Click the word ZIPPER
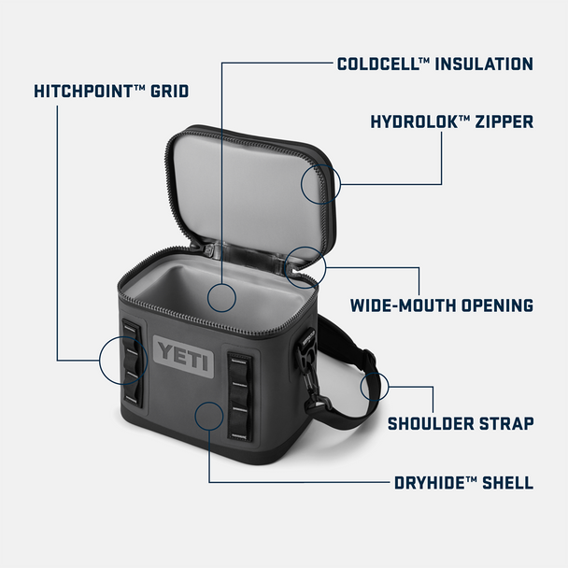(x=502, y=121)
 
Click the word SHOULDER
(x=434, y=423)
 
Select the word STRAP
(x=509, y=423)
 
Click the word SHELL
(x=507, y=483)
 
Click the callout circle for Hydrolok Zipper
(x=320, y=182)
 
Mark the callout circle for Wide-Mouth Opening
(x=305, y=265)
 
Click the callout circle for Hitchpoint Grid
(x=119, y=362)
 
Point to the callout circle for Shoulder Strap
(x=375, y=385)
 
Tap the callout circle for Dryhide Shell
(x=207, y=414)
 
